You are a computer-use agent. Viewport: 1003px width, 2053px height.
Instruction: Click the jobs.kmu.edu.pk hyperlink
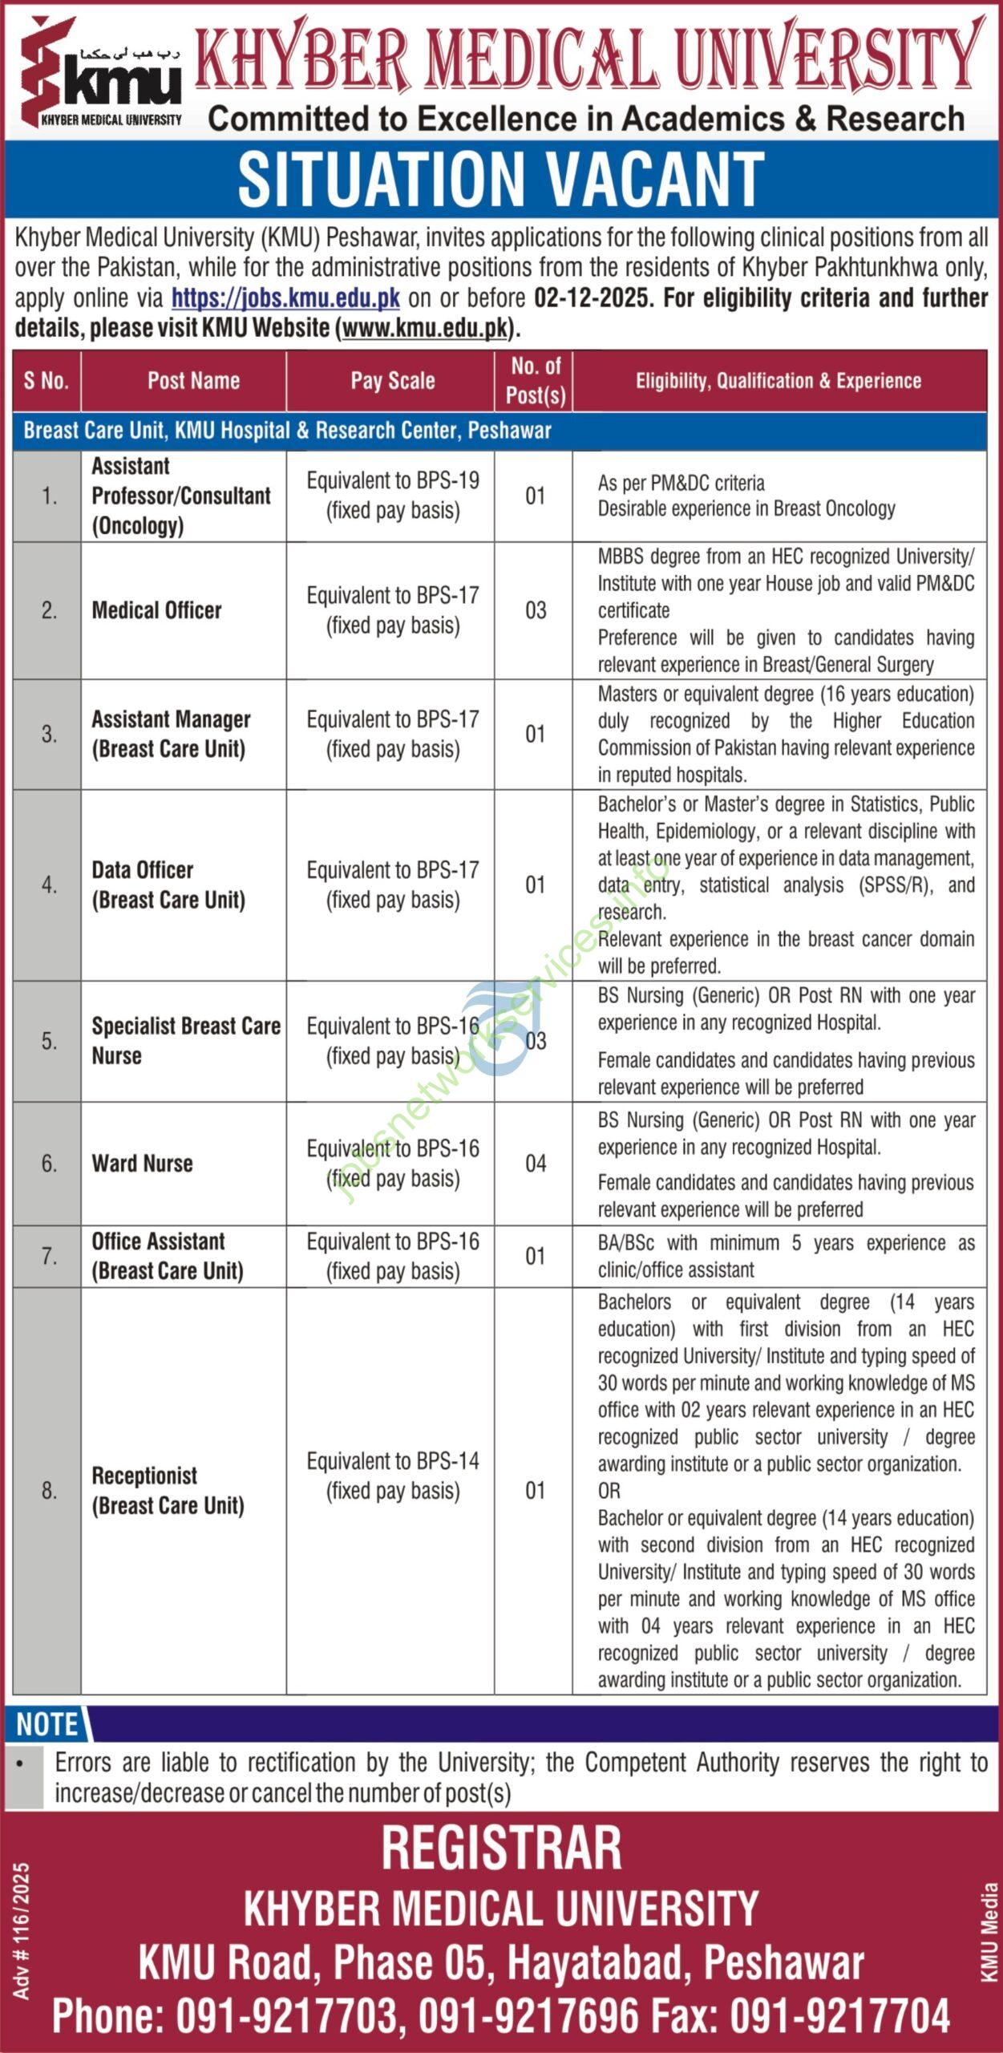(x=285, y=298)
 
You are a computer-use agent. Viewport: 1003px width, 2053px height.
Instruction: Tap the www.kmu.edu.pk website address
(x=425, y=328)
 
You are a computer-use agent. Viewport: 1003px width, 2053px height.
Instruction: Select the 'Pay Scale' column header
(x=393, y=381)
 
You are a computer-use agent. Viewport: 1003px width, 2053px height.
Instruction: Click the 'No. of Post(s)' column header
(x=536, y=381)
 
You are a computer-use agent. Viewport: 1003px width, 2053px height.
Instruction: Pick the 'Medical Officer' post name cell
(x=157, y=610)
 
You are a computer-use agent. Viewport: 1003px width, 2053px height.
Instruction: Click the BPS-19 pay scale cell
(x=393, y=496)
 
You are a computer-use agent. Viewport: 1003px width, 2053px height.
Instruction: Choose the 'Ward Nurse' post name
(x=143, y=1164)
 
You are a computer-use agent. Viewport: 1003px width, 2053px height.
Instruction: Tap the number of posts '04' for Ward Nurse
(x=536, y=1164)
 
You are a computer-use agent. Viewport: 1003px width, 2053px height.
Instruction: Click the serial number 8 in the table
(x=49, y=1491)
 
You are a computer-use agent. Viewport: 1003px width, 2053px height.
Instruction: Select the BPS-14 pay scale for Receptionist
(x=393, y=1476)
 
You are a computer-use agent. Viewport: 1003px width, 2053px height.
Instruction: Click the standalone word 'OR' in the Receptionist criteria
(x=609, y=1491)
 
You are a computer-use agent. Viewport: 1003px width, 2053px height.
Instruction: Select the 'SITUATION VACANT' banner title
(x=501, y=180)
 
